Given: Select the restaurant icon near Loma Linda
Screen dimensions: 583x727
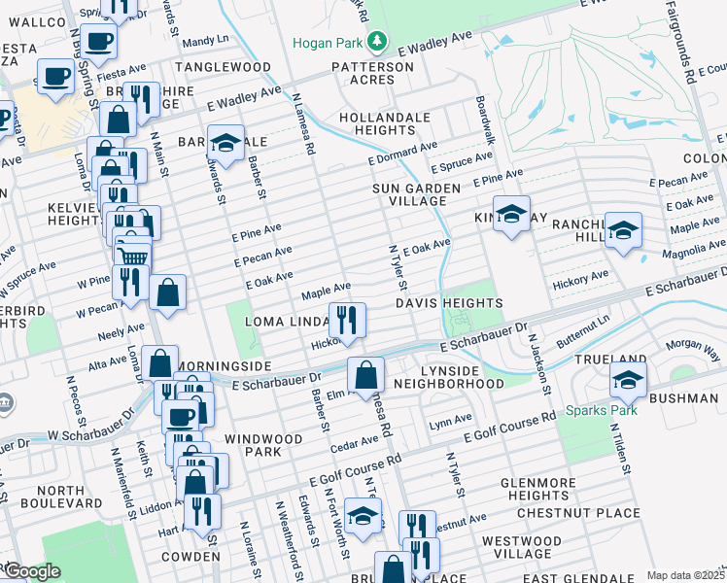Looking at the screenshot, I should (x=346, y=319).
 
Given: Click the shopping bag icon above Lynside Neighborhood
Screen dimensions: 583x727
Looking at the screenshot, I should (x=365, y=373).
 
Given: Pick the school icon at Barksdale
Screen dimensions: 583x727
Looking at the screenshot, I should (x=225, y=142).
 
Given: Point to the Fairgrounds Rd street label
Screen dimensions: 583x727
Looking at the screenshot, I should (x=687, y=41).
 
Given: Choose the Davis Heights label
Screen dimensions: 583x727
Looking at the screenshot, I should (x=448, y=303).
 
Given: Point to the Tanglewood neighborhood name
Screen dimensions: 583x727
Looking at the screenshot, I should (x=223, y=67).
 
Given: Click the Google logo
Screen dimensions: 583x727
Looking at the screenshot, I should (x=31, y=571).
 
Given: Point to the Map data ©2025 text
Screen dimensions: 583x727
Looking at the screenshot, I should (x=684, y=575).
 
